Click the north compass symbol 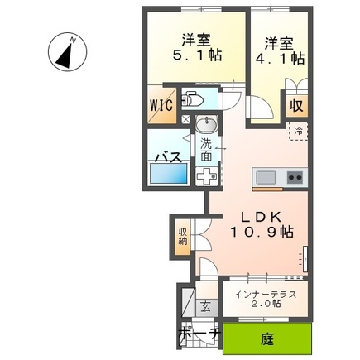68,51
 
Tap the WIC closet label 161,105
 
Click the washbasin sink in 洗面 206,124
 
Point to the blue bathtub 168,173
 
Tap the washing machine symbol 206,176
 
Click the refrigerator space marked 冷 298,132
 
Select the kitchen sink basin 266,177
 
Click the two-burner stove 295,178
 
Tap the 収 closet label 296,105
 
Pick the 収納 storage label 183,237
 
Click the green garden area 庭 267,338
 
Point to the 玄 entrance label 205,307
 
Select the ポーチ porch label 199,334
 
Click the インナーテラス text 266,295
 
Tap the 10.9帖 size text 262,232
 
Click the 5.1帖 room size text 197,55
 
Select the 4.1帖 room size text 280,59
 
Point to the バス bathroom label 168,157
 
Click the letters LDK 262,217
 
